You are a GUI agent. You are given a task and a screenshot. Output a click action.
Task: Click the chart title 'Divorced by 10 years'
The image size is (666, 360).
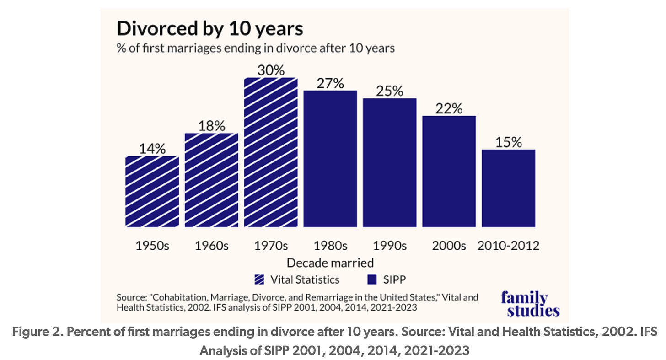(210, 29)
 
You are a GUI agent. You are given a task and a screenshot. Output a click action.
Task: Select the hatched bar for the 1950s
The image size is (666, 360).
(152, 191)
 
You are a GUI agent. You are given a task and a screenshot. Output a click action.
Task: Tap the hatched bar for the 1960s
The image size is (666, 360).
(211, 180)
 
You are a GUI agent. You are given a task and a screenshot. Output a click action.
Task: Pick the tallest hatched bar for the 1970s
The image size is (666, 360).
(271, 152)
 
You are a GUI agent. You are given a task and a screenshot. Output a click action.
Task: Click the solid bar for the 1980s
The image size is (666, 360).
(330, 159)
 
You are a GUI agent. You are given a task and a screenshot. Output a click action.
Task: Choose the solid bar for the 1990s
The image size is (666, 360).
(390, 162)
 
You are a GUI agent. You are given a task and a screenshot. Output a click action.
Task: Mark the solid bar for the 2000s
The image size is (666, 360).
(449, 171)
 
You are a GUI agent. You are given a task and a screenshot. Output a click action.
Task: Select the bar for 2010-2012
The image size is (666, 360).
(508, 188)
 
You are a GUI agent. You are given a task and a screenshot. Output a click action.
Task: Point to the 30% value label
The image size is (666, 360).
(271, 70)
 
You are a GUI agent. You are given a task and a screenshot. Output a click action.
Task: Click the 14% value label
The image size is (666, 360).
(152, 149)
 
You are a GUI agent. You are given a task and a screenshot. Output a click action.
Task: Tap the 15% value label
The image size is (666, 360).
(508, 142)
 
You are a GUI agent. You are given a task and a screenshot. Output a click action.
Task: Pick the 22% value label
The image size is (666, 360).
(449, 109)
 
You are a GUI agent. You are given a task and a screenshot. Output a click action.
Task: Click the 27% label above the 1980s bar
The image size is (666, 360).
(330, 84)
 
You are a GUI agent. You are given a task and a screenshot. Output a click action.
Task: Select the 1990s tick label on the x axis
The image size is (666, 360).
(390, 246)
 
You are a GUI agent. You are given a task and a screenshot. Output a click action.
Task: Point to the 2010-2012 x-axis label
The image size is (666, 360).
(508, 246)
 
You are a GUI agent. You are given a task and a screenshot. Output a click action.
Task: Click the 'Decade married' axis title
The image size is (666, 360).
(330, 263)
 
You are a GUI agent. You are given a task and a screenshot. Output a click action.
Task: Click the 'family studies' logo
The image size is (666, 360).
(530, 304)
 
